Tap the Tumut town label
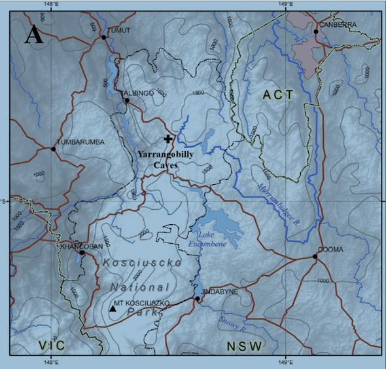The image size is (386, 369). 118,31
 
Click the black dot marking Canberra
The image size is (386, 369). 315,31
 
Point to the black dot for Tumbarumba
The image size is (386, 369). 53,149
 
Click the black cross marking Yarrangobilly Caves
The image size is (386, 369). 169,139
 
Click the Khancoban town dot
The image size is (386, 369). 82,252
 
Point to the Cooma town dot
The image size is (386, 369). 315,256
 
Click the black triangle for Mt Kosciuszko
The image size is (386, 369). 113,308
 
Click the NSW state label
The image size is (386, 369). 245,346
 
